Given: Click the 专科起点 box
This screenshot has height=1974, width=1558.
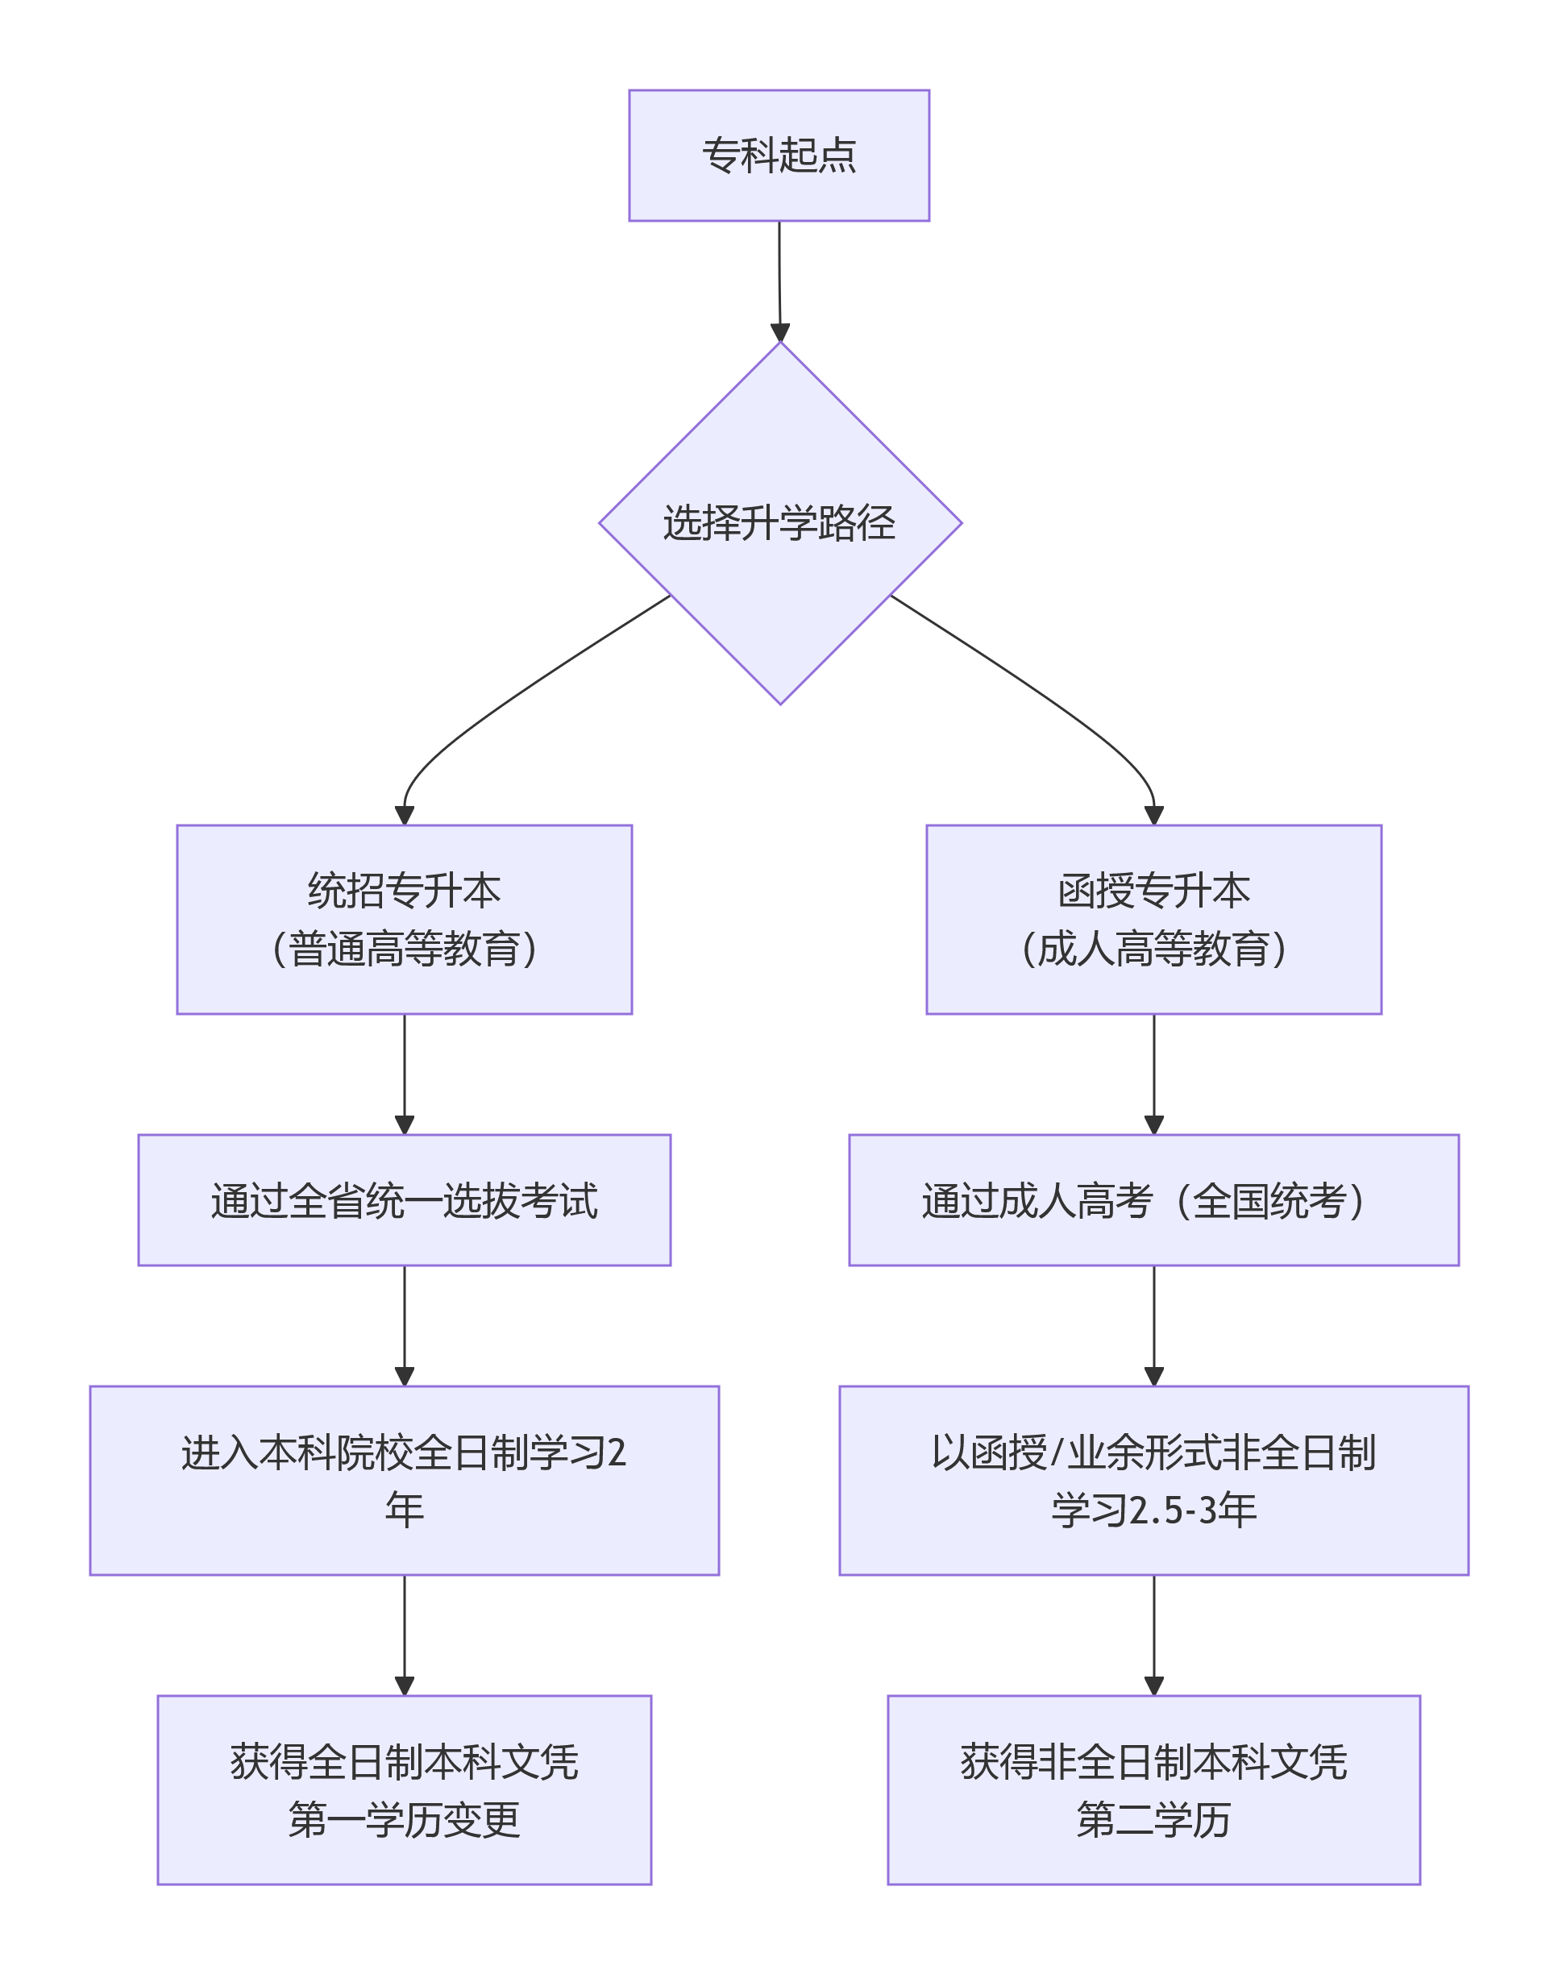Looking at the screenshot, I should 778,155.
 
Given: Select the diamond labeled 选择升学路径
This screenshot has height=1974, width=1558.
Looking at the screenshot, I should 780,522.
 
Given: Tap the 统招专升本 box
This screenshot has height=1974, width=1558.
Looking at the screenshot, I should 404,919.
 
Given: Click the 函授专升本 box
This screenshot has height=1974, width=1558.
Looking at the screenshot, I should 1153,919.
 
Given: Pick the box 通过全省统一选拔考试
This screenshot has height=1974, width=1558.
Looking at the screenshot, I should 404,1199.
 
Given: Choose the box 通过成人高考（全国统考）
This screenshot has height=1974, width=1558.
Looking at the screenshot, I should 1153,1199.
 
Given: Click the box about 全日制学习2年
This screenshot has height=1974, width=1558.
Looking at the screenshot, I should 404,1481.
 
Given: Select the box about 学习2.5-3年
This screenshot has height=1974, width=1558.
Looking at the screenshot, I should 1153,1481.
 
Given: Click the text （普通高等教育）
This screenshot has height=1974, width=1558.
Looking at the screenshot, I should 404,949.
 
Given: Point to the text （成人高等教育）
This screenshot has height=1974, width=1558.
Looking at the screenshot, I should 1153,949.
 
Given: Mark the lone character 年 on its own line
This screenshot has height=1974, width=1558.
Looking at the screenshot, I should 404,1511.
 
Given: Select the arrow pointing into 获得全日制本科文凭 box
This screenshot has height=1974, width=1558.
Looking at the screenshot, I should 404,1633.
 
